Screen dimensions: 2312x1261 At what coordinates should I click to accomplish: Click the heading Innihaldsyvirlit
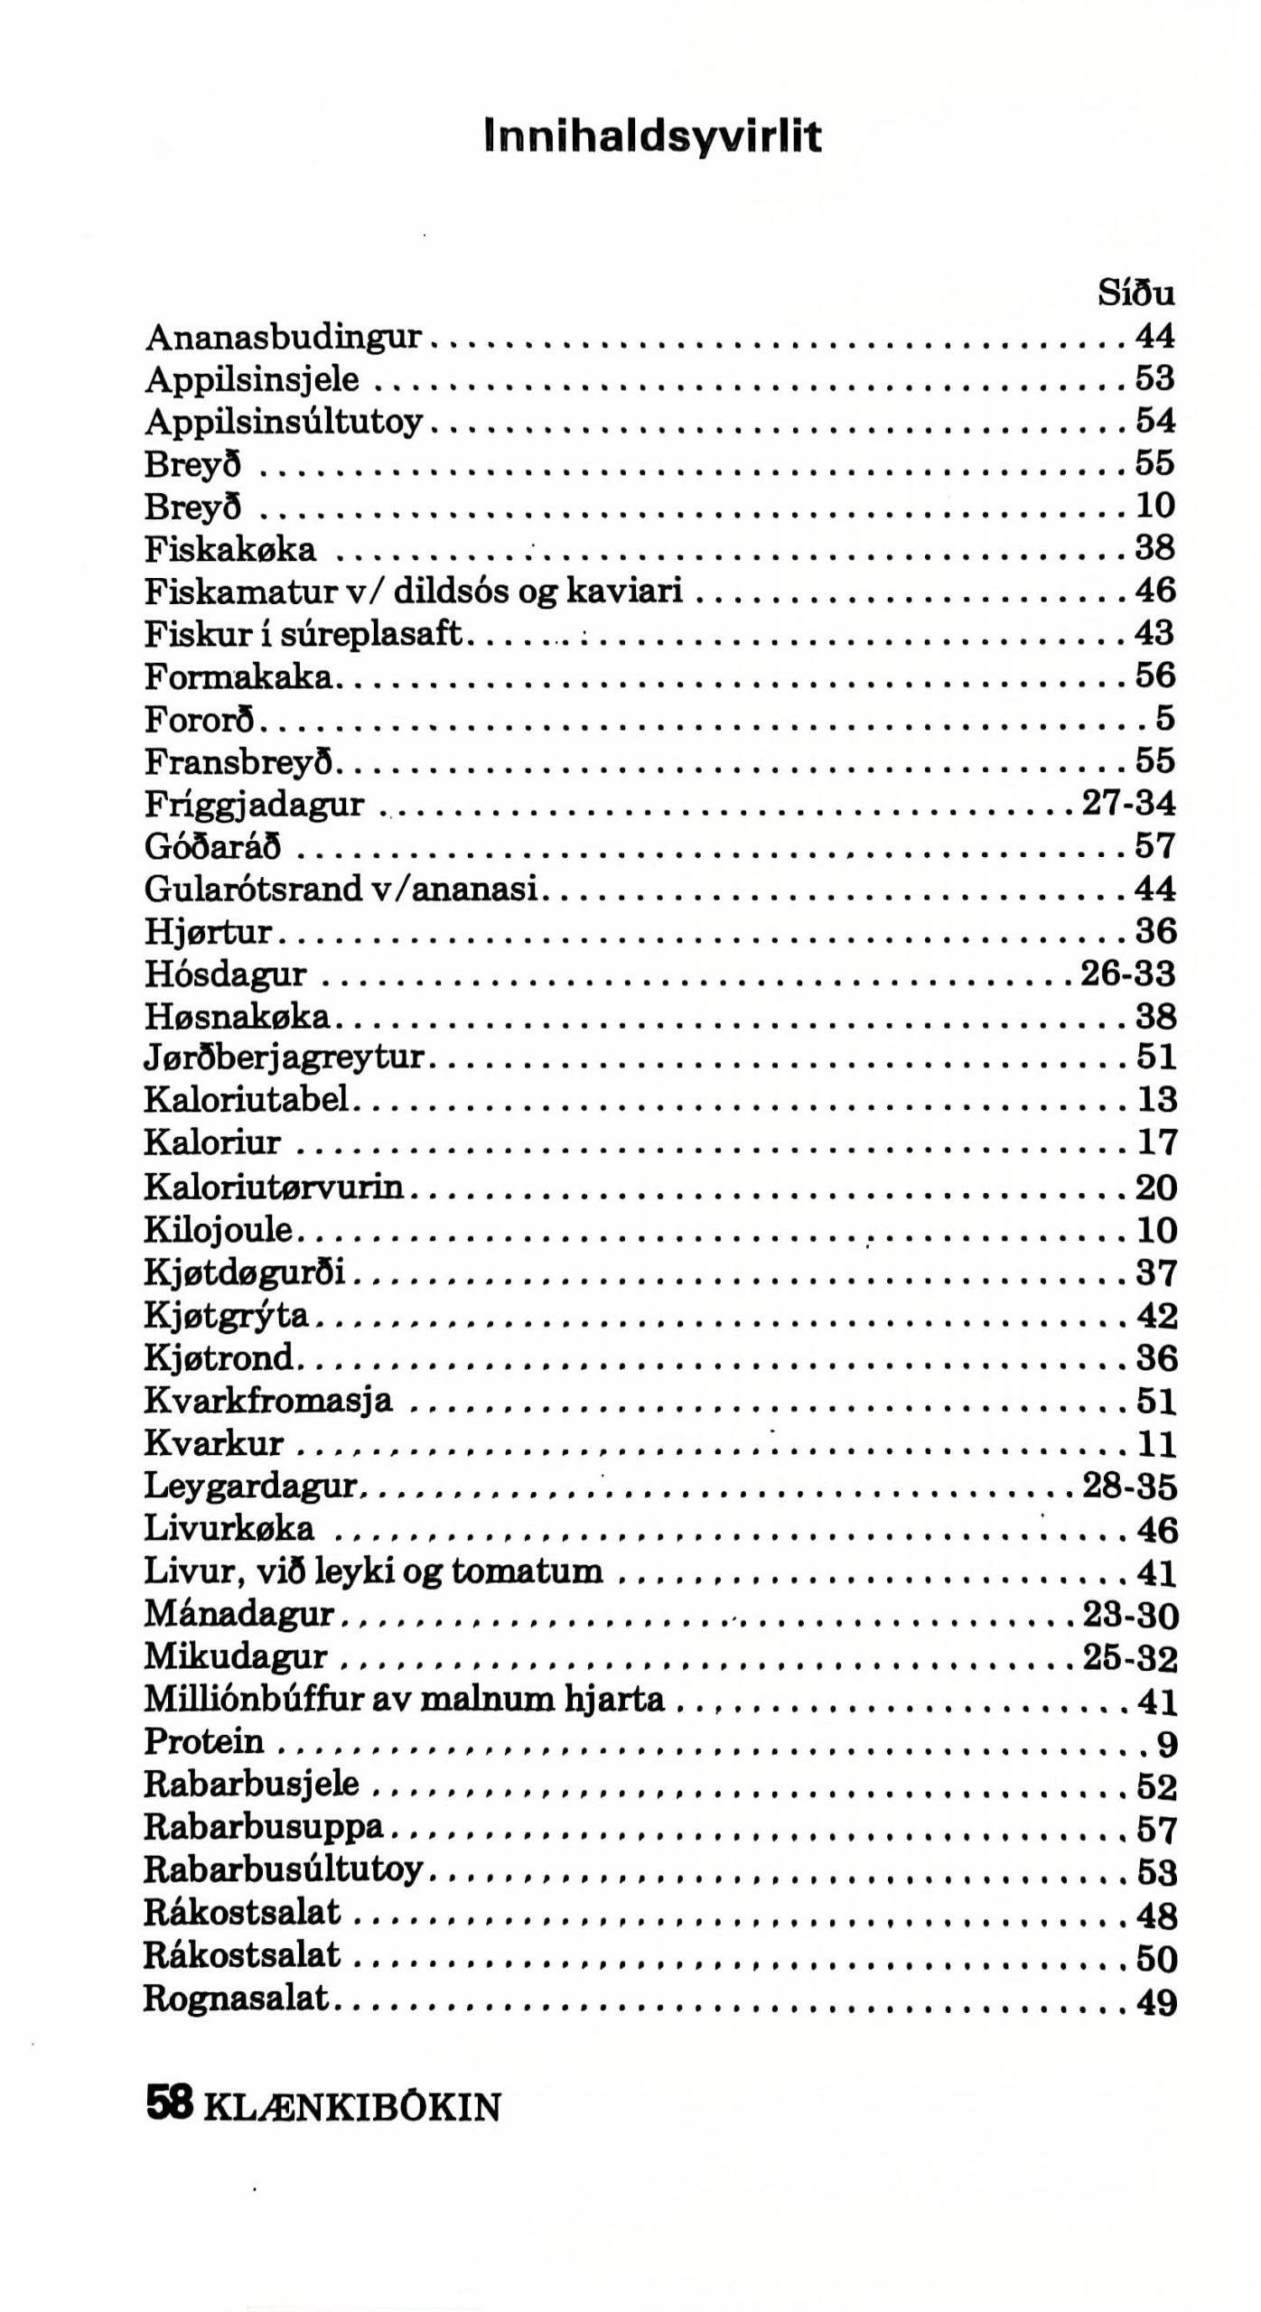tap(653, 137)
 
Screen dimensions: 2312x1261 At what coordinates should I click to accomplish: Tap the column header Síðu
tap(1136, 293)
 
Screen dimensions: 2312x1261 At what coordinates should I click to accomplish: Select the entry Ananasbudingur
tap(283, 336)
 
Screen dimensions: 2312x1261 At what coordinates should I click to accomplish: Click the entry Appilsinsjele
tap(251, 378)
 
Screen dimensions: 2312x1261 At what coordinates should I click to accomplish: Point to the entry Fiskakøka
tap(230, 548)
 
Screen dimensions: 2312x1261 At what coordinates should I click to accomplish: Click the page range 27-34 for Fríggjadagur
tap(1128, 803)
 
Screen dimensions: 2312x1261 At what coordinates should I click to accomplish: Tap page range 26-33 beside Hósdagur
tap(1128, 974)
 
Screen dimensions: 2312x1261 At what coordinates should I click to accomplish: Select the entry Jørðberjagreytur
tap(284, 1057)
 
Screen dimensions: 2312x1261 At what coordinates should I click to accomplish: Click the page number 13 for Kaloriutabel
tap(1156, 1099)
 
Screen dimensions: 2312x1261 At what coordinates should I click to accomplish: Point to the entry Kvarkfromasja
tap(268, 1401)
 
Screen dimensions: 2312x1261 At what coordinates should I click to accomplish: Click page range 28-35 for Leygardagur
tap(1129, 1487)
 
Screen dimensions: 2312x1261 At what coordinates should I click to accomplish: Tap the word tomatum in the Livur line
tap(527, 1571)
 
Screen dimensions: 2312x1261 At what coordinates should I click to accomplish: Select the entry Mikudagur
tap(235, 1657)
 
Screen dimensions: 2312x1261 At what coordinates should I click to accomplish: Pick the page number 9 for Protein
tap(1166, 1744)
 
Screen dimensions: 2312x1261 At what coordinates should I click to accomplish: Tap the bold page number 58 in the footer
tap(170, 2105)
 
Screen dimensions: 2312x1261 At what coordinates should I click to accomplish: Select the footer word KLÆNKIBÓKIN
tap(352, 2108)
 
